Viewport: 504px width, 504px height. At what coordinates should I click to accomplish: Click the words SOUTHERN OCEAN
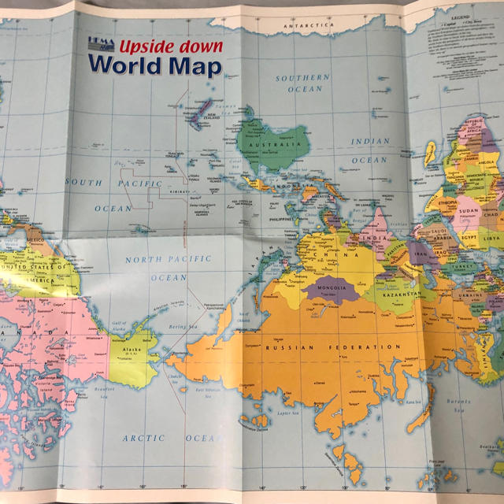coord(302,83)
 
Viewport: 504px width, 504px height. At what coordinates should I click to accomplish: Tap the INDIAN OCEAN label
coord(370,150)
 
